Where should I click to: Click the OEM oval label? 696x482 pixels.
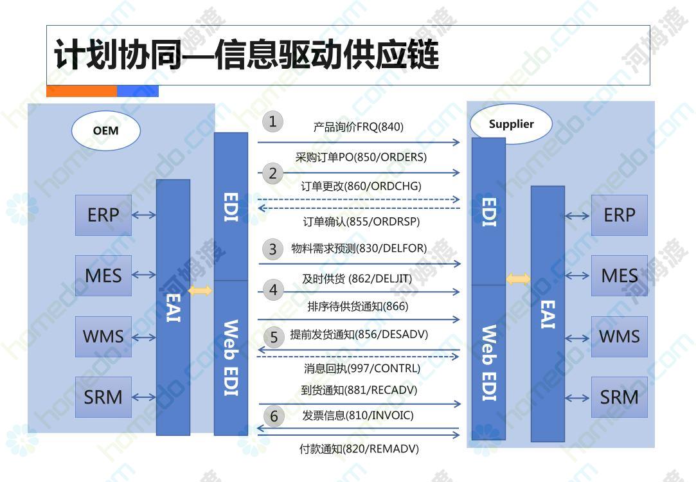click(x=105, y=130)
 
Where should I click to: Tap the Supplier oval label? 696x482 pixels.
click(x=511, y=124)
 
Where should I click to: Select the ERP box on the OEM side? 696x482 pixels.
click(x=103, y=215)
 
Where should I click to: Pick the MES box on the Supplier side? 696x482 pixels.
click(x=620, y=276)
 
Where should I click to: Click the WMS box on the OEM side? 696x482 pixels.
click(x=103, y=336)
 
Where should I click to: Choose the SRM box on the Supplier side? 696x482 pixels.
click(x=620, y=397)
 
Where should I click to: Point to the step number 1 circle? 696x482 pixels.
click(x=272, y=121)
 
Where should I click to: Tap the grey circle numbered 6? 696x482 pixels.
click(x=274, y=416)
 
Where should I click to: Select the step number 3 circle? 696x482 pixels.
click(x=272, y=249)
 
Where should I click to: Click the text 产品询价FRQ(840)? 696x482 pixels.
click(x=358, y=127)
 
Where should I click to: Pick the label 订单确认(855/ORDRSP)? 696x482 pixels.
click(x=361, y=222)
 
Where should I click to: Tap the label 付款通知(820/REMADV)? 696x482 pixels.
click(x=359, y=449)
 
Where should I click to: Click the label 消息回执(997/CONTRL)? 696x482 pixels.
click(x=362, y=368)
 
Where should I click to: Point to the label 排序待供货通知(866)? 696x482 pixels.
click(x=358, y=307)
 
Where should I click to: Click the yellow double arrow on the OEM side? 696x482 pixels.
click(x=201, y=290)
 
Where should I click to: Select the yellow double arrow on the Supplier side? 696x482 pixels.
click(x=519, y=279)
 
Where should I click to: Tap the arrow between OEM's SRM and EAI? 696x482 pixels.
click(x=144, y=397)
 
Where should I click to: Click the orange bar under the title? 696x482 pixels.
click(x=82, y=91)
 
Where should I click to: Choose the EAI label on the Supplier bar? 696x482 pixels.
click(x=548, y=315)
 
